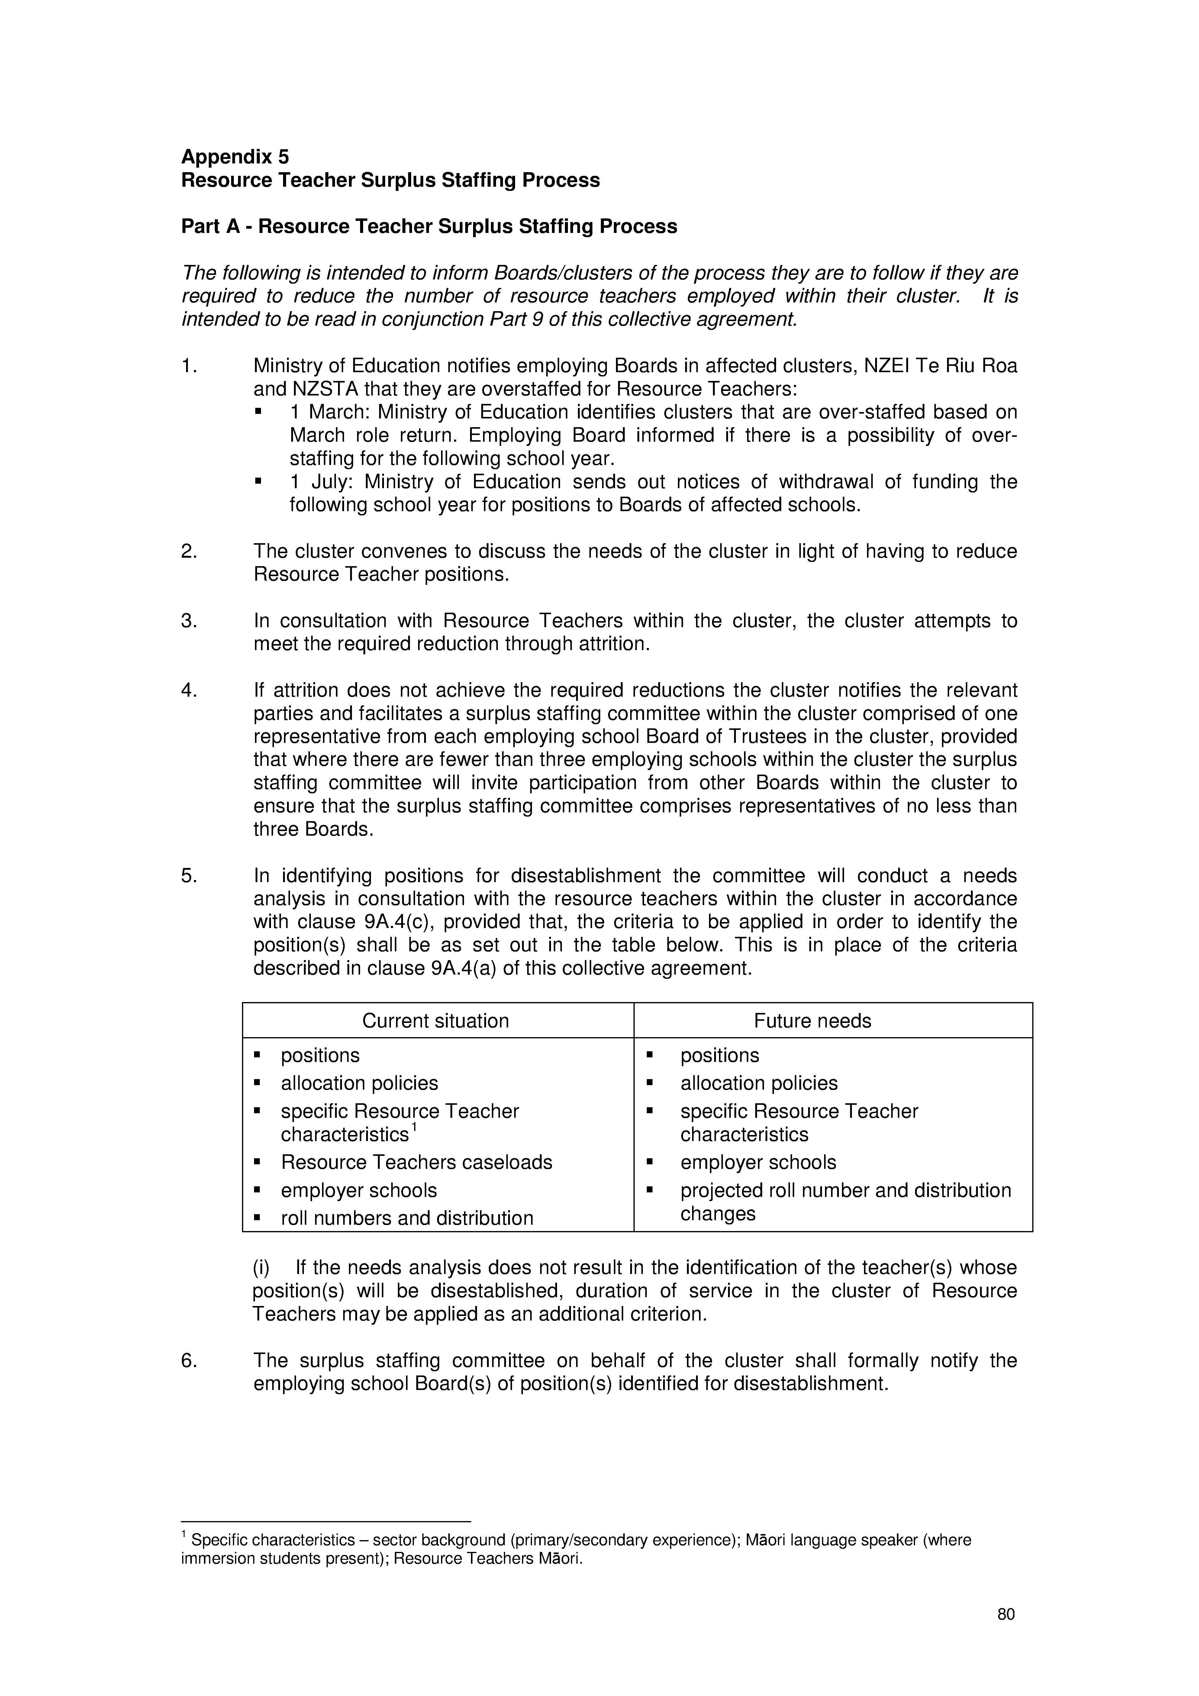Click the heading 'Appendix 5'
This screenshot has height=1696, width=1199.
pyautogui.click(x=235, y=156)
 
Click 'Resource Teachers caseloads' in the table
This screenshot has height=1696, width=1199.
pyautogui.click(x=416, y=1162)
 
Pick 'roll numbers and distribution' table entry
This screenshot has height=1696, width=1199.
pyautogui.click(x=406, y=1218)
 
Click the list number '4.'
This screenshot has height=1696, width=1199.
pyautogui.click(x=189, y=690)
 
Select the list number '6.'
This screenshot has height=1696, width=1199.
pyautogui.click(x=189, y=1360)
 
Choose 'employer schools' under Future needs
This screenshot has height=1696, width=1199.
pyautogui.click(x=758, y=1162)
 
